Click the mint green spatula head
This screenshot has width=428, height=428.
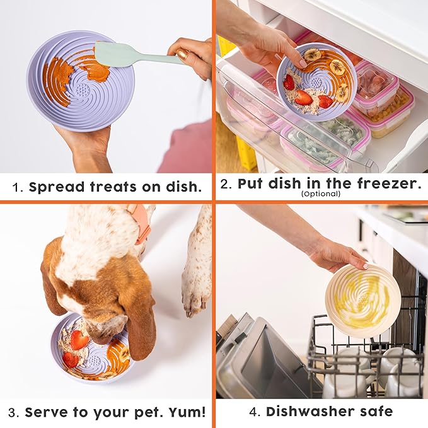click(113, 55)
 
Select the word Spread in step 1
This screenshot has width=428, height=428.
click(54, 187)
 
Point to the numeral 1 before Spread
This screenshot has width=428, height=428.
click(17, 187)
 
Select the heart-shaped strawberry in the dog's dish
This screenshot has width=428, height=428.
click(79, 340)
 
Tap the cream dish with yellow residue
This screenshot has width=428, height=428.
click(362, 300)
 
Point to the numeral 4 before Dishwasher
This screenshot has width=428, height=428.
click(254, 412)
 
